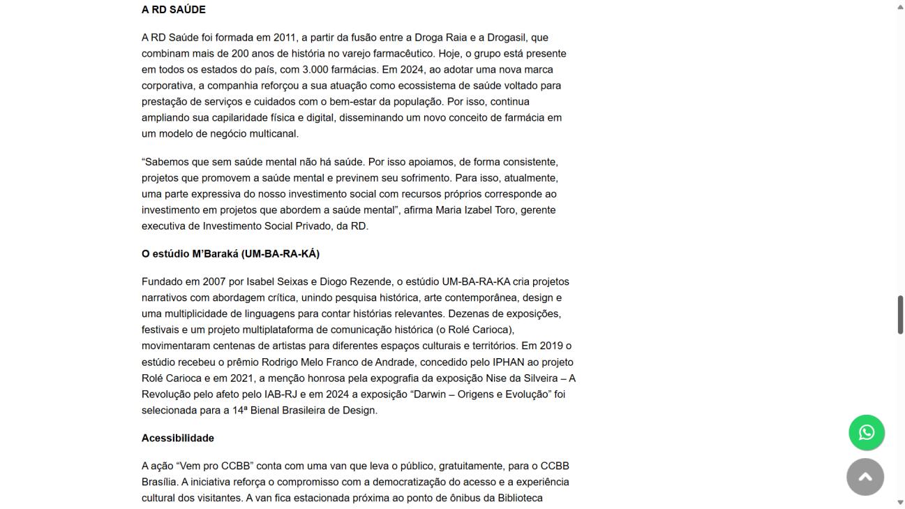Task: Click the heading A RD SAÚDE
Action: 173,10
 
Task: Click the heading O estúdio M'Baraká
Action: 230,253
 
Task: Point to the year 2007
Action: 214,282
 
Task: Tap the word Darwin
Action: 431,394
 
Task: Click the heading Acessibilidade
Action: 177,438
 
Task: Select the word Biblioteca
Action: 519,499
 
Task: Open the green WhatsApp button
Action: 866,433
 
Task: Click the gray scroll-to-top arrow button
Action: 865,477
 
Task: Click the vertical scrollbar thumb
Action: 899,315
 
